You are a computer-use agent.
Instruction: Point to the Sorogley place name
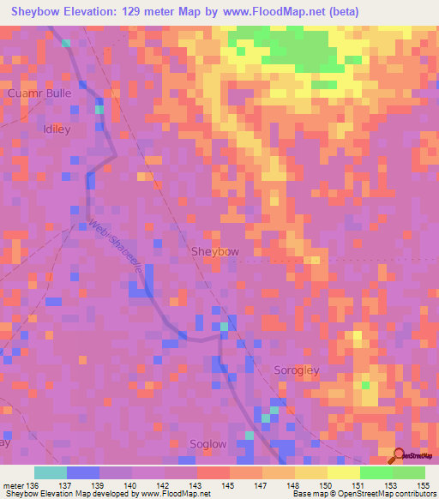(296, 370)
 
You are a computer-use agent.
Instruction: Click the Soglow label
(207, 444)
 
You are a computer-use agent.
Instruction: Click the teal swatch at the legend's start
(50, 472)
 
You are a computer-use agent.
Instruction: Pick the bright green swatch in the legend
(376, 472)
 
